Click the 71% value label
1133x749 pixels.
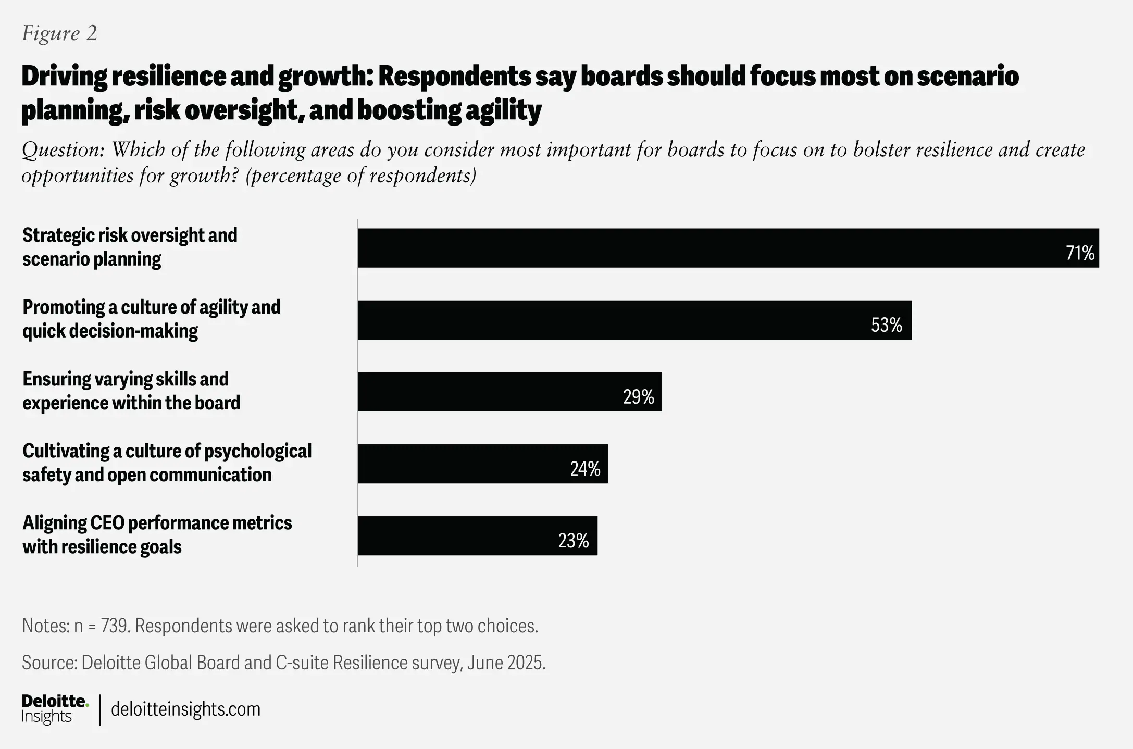(1080, 253)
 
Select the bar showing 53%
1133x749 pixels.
(634, 320)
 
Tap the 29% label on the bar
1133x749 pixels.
(638, 397)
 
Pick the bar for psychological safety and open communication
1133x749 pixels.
(482, 464)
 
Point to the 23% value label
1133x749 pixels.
(573, 541)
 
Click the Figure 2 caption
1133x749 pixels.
(59, 33)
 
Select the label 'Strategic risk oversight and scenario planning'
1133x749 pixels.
(130, 247)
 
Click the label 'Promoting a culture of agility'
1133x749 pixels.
(151, 319)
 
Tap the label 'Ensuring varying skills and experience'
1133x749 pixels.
(131, 391)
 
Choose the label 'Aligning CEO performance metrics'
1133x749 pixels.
(157, 534)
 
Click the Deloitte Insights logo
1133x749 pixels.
(55, 709)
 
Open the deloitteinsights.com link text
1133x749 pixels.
(185, 709)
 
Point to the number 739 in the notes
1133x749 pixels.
(114, 626)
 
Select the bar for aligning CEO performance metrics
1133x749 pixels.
(477, 535)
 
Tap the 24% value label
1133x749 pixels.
(585, 469)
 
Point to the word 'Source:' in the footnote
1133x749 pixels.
(49, 663)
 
